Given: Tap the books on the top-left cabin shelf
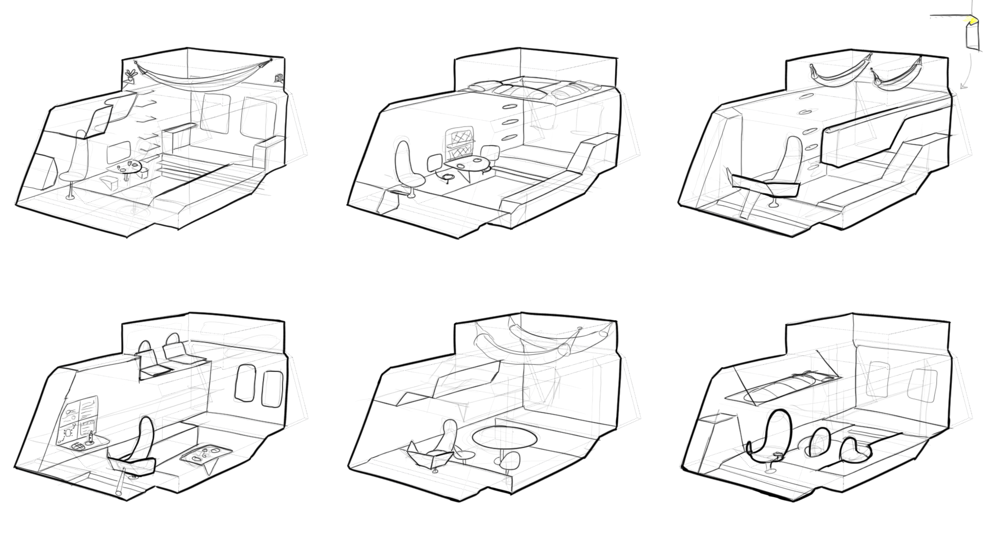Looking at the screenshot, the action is [278, 78].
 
